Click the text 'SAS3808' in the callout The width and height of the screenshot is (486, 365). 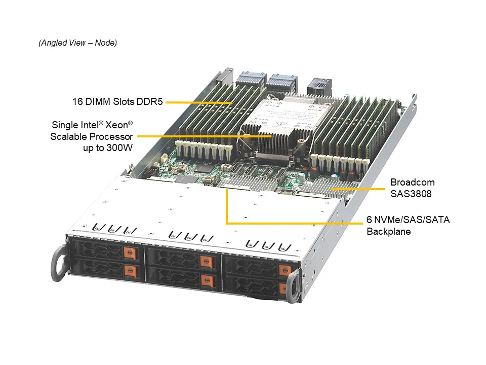point(411,194)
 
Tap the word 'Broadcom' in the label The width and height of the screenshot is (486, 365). point(413,182)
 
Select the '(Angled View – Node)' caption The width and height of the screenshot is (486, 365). point(78,43)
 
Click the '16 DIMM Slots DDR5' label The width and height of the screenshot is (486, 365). point(117,101)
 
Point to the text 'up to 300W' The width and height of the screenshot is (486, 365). point(108,148)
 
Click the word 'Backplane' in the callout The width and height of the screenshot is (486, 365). point(389,231)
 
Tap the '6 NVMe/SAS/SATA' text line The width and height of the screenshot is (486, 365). point(408,220)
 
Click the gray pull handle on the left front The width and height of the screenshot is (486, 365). point(59,263)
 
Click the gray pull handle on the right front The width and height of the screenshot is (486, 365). point(294,286)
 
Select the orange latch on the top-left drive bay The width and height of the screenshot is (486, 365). point(130,253)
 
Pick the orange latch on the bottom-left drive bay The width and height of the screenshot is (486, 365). point(131,271)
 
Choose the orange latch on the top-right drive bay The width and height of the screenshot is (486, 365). point(285,270)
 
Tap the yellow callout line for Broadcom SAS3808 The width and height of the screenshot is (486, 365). point(358,189)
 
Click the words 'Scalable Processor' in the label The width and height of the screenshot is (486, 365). point(92,136)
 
